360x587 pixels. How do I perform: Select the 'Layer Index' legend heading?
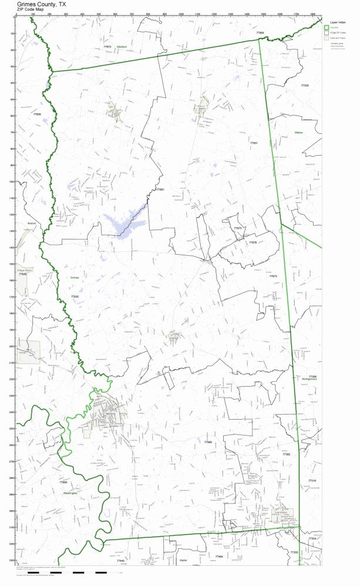coord(337,21)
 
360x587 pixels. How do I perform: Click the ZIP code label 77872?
coord(107,46)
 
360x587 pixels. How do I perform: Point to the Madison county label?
coord(122,46)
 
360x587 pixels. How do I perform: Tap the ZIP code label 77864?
coord(260,32)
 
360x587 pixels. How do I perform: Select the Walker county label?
coord(298,133)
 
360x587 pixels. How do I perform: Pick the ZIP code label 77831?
coord(254,143)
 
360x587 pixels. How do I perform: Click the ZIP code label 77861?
coord(160,190)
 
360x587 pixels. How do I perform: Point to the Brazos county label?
coord(32,223)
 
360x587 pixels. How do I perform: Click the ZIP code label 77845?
coord(23,274)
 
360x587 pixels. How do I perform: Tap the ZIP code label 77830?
coord(75,297)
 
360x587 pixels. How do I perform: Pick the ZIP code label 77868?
coord(208,442)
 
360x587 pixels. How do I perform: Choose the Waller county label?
coord(183,560)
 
